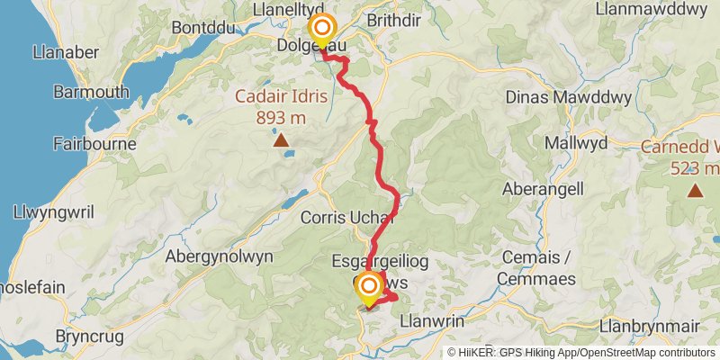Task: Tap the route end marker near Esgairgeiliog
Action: pyautogui.click(x=368, y=288)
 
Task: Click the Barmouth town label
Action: pyautogui.click(x=91, y=92)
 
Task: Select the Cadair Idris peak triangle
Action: pyautogui.click(x=282, y=139)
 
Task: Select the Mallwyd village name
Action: pyautogui.click(x=576, y=143)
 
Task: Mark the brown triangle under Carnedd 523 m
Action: pyautogui.click(x=695, y=190)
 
